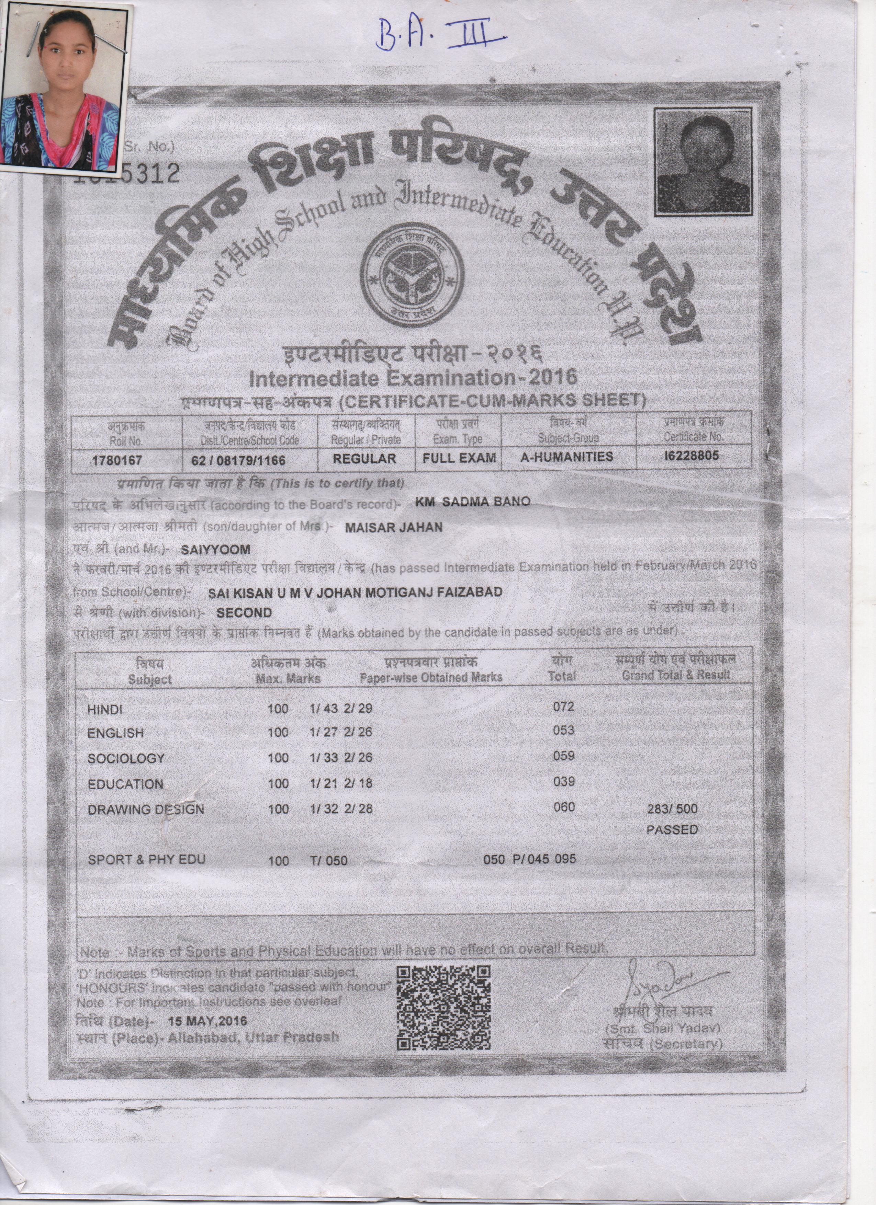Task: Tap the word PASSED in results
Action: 672,830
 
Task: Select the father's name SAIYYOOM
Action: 215,549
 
